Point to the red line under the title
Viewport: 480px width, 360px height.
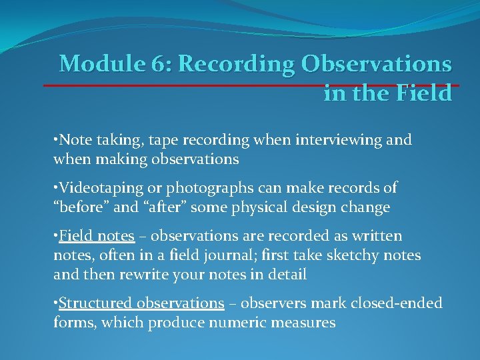[x=247, y=85]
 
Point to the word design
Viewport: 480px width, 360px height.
[x=315, y=207]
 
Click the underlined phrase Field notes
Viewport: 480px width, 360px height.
[x=97, y=237]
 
